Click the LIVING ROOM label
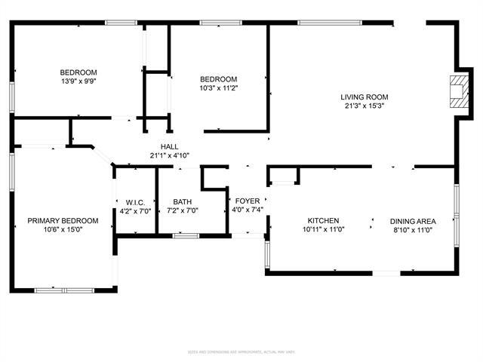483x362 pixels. (x=364, y=97)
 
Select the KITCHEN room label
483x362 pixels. (x=323, y=221)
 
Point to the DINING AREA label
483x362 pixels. (x=413, y=221)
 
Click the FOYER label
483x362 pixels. (x=248, y=201)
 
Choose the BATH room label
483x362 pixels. (x=182, y=201)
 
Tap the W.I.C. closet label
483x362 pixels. (x=136, y=201)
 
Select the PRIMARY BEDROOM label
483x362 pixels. (x=63, y=221)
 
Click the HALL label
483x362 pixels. (x=169, y=147)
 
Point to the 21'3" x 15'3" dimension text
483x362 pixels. (x=364, y=106)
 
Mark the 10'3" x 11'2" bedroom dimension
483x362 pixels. (x=218, y=88)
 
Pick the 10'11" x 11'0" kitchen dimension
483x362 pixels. (x=323, y=230)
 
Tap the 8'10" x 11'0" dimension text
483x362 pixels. (x=413, y=230)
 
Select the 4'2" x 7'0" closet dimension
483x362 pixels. (x=136, y=211)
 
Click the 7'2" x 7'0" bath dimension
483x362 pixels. (x=182, y=211)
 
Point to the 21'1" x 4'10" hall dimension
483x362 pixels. (x=169, y=156)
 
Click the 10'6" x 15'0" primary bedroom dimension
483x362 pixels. (x=63, y=230)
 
